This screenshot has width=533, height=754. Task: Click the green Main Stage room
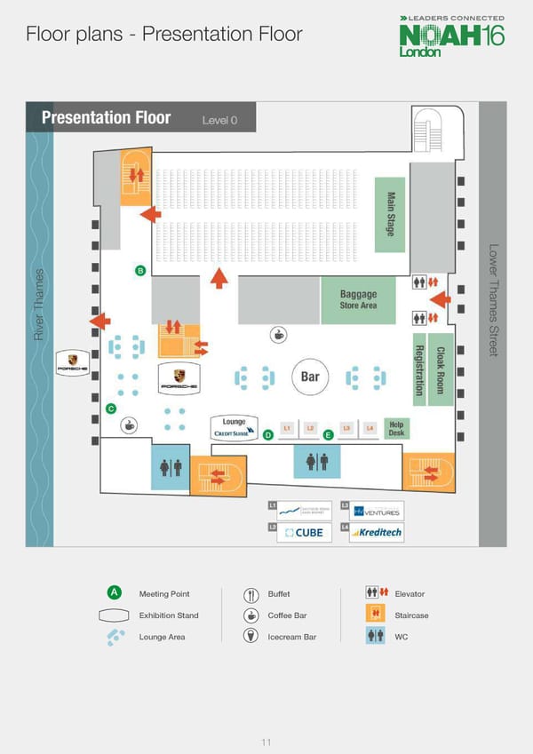pos(390,214)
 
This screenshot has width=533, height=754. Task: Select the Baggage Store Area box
pos(357,299)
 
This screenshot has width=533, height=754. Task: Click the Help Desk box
pos(396,428)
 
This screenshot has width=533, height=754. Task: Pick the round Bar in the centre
pos(310,377)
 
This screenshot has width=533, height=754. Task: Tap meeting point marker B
pos(139,270)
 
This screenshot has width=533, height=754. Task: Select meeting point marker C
pos(111,409)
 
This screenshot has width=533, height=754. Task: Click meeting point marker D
pos(267,434)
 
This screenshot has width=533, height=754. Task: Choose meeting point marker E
pos(328,434)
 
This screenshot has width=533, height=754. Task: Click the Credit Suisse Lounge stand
pos(235,427)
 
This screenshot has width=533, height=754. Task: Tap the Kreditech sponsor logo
pos(377,532)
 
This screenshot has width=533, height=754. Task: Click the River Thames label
pos(39,304)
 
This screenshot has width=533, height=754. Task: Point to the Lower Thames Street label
pos(494,300)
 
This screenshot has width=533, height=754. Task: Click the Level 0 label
pos(219,120)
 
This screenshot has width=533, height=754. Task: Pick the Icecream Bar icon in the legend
pos(251,636)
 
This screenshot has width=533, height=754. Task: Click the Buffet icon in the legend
pos(251,594)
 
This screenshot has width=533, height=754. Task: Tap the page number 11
pos(266,718)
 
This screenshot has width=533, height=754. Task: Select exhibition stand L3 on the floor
pos(346,428)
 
